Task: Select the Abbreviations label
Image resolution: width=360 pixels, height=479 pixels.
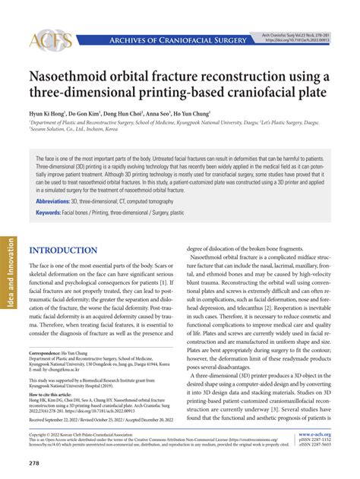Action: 56,201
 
